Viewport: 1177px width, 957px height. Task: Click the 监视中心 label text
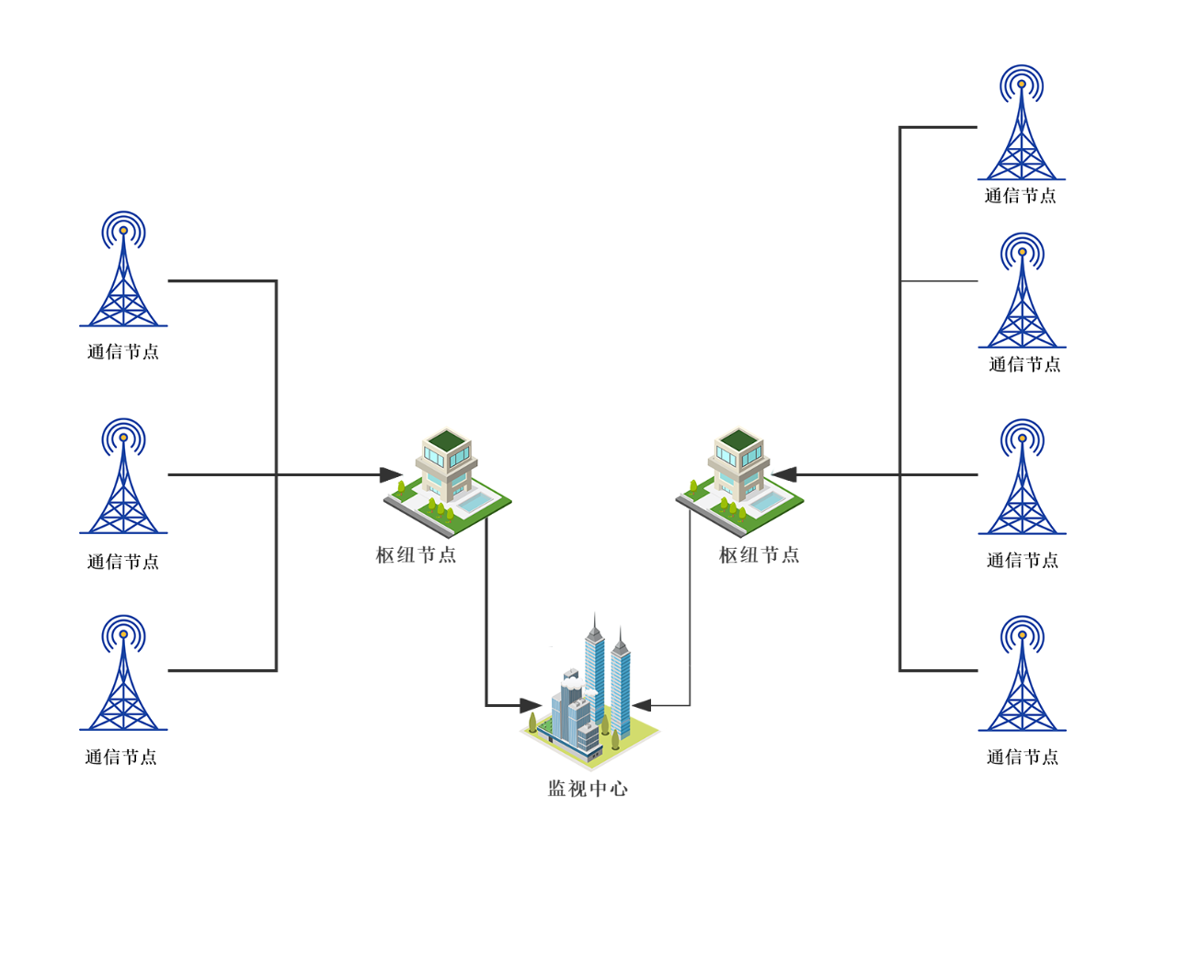click(x=588, y=789)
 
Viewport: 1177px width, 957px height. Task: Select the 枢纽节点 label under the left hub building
click(x=416, y=555)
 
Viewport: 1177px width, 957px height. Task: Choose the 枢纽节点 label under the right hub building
click(x=759, y=555)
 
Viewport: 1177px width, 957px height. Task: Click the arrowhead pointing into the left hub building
click(x=391, y=475)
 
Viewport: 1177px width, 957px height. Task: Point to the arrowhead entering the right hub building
click(x=784, y=475)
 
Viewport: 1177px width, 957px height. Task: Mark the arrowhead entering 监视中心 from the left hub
click(x=530, y=706)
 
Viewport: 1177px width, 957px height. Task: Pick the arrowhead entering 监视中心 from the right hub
click(x=642, y=706)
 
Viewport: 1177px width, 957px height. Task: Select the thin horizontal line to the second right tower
click(x=938, y=281)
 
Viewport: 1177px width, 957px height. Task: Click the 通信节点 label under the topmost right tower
click(x=1020, y=196)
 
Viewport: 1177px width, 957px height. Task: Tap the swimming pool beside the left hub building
click(x=475, y=502)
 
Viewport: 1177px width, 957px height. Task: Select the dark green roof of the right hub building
click(x=738, y=439)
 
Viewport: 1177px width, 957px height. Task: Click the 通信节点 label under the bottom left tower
click(x=121, y=758)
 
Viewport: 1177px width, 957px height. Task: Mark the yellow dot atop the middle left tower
click(x=123, y=438)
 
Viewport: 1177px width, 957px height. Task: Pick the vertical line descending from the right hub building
click(x=690, y=607)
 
